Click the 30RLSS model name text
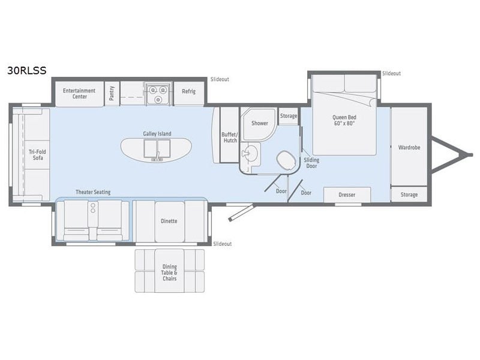26,70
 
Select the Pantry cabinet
112,93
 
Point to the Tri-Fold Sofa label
37,155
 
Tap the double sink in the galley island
157,147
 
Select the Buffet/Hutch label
229,137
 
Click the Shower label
260,123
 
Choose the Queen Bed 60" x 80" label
344,121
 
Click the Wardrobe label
409,147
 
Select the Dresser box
347,195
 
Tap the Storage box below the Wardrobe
409,195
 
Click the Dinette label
169,221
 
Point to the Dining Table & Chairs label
170,272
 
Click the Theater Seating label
92,192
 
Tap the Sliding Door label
311,163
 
